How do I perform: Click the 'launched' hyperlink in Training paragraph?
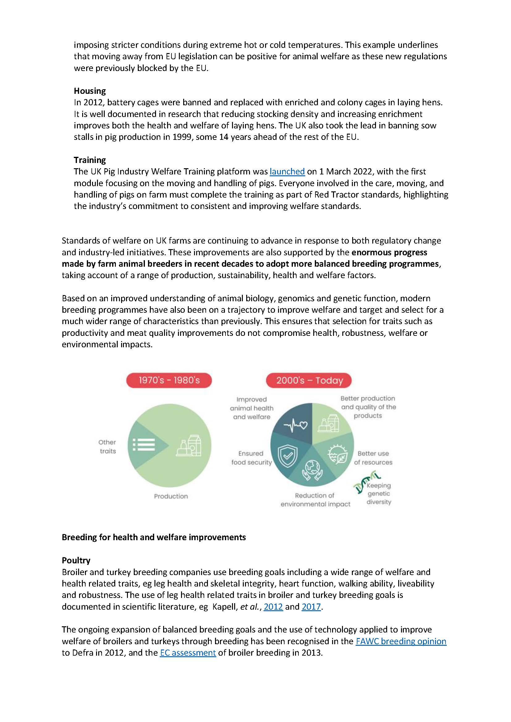coord(287,172)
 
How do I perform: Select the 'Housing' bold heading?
coord(90,91)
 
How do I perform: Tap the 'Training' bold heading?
coord(90,160)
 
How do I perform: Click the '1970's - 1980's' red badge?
coord(169,381)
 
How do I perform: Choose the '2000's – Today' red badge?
coord(309,381)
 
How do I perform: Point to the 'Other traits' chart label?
coord(107,447)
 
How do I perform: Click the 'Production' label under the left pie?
coord(171,496)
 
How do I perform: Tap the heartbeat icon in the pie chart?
coord(295,425)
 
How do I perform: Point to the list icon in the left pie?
coord(144,444)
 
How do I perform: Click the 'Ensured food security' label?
coord(251,458)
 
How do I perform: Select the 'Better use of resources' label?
coord(373,458)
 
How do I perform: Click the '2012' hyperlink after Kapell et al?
coord(273,607)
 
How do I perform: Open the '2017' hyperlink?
coord(311,607)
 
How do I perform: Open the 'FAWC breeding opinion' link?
coord(401,641)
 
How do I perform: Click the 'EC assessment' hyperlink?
coord(188,653)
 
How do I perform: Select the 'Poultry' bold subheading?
coord(76,560)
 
